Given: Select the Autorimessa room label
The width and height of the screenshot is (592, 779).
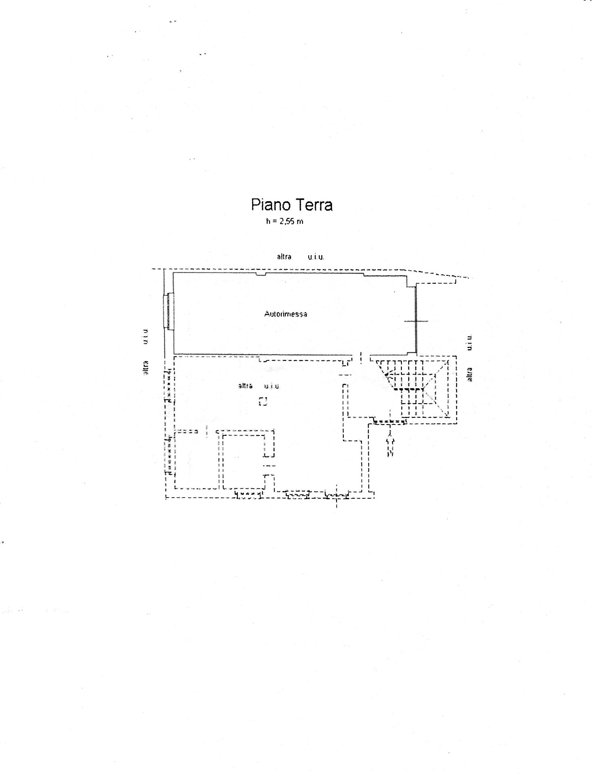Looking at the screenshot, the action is [x=286, y=314].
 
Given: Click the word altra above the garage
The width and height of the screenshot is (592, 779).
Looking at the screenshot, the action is [x=284, y=256].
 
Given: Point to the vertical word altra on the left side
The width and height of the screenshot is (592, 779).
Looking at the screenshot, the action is [x=146, y=368].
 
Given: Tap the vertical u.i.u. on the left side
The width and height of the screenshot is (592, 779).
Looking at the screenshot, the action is [x=145, y=336].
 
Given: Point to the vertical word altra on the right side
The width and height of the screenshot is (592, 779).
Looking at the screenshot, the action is [x=469, y=374].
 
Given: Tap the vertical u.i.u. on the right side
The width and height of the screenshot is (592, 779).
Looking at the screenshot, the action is [x=469, y=342].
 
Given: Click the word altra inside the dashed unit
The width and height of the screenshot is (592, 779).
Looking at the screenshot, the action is [x=245, y=386].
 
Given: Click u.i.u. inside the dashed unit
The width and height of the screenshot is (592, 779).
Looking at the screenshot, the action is [x=272, y=386].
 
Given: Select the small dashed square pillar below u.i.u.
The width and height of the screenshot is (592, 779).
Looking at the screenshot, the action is [x=263, y=401].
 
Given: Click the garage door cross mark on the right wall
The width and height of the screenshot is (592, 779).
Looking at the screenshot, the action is [x=416, y=321].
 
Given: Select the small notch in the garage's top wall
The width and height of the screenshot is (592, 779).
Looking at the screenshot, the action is [x=261, y=274].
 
